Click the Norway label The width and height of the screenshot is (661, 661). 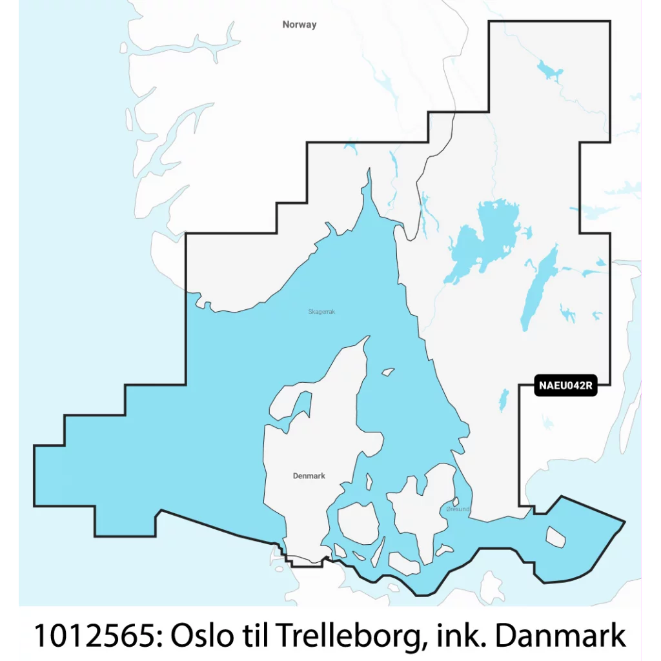[300, 25]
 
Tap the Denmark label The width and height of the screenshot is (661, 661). [309, 476]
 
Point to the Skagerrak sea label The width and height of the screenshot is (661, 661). [321, 312]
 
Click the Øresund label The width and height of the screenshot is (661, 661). [458, 510]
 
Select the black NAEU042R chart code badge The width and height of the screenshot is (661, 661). [564, 387]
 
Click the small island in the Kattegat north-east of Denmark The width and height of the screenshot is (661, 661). [388, 372]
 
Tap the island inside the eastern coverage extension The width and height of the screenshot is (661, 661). [555, 535]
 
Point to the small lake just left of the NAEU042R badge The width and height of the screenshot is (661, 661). [503, 400]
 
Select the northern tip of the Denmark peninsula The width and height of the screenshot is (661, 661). [369, 337]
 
